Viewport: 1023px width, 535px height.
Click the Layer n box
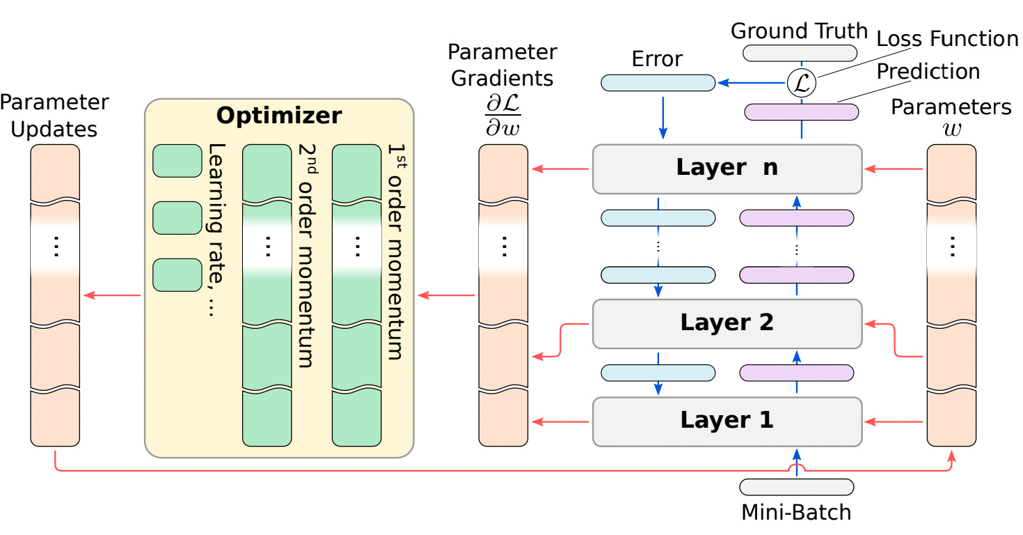click(727, 169)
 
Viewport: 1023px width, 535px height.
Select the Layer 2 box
click(727, 323)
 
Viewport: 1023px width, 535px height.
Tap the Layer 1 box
click(727, 421)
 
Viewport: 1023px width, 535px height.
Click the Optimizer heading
click(278, 116)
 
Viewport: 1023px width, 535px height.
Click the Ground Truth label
click(799, 31)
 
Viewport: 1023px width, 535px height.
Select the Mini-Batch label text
click(796, 513)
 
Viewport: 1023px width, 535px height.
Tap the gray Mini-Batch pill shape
click(796, 487)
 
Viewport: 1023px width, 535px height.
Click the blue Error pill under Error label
click(658, 83)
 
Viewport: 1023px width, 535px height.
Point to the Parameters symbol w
click(951, 130)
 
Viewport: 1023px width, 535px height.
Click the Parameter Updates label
click(54, 116)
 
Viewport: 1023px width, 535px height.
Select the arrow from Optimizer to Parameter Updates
click(112, 295)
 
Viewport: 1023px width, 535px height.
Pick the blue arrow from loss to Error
click(751, 83)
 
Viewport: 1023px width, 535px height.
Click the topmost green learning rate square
click(177, 161)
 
